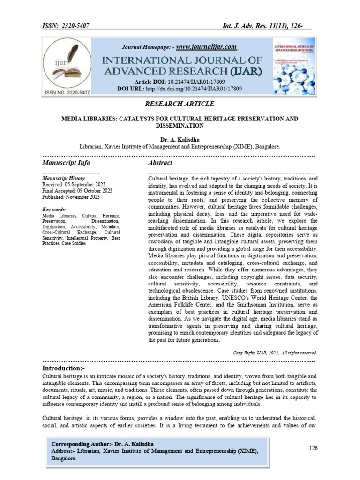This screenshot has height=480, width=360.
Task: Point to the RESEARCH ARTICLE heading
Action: point(180,103)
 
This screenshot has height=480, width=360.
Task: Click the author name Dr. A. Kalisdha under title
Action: point(180,139)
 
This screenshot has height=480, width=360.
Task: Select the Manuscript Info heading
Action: point(66,163)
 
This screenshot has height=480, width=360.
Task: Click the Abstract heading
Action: point(160,163)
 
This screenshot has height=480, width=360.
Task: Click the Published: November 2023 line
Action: point(71,197)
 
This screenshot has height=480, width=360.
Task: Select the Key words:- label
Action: point(55,209)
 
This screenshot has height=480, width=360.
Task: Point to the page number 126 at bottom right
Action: point(313,448)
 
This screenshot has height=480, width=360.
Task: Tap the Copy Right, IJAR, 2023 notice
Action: point(275,352)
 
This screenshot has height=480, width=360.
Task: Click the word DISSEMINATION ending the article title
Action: point(180,126)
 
